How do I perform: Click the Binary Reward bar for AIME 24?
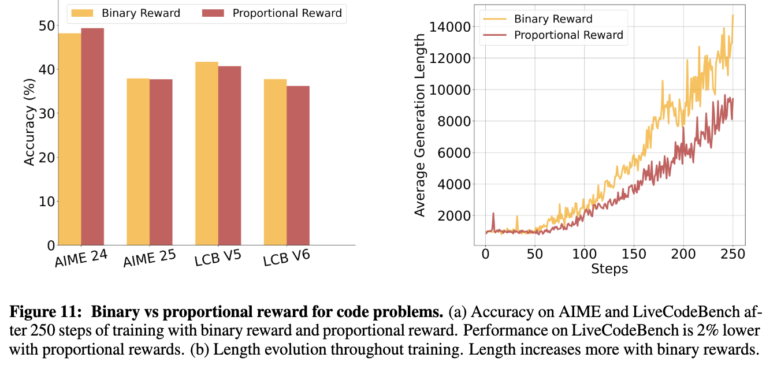[70, 139]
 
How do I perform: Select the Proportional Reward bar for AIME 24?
[92, 137]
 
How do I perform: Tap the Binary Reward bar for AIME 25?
[138, 162]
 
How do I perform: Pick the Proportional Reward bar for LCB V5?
[229, 155]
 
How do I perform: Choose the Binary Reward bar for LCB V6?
[276, 162]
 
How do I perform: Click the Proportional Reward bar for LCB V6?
[298, 165]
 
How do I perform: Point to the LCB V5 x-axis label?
[218, 258]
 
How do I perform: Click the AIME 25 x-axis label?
[150, 258]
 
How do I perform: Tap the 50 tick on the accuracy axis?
[47, 25]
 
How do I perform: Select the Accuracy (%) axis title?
[29, 122]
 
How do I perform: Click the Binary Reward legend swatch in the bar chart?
[82, 13]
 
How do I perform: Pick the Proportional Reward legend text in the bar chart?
[287, 13]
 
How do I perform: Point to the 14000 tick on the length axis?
[449, 27]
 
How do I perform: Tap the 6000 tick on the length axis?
[454, 153]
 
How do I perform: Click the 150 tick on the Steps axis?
[634, 254]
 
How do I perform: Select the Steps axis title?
[609, 269]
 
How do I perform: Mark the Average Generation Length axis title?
[419, 125]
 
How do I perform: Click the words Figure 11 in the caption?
[46, 312]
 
